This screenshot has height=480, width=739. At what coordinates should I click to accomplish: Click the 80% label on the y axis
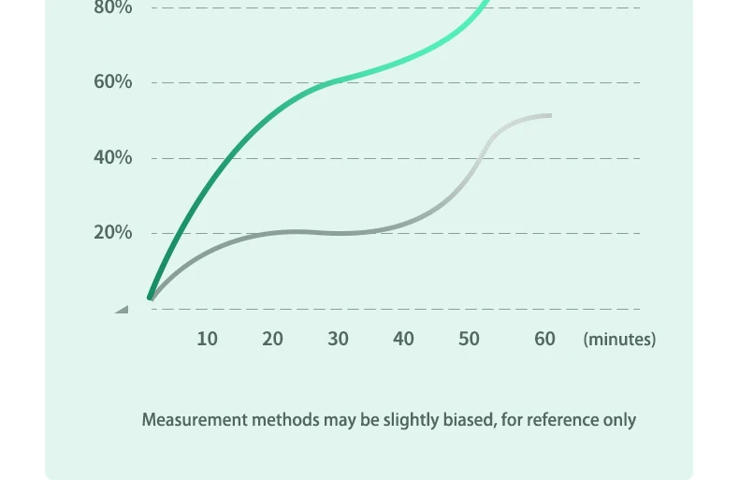coord(112,8)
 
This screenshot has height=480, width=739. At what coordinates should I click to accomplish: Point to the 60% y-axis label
coord(112,82)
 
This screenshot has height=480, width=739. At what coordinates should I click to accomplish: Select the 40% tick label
coord(112,157)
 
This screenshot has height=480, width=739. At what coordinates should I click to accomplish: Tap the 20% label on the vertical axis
coord(112,232)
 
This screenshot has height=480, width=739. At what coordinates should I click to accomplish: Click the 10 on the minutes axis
coord(207,339)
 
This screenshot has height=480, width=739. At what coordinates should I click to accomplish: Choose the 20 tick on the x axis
coord(272,339)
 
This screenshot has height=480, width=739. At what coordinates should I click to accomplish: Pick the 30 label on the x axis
coord(338,339)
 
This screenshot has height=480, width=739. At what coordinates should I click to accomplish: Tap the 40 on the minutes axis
coord(403,339)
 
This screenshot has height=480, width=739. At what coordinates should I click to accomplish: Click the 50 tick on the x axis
coord(469,339)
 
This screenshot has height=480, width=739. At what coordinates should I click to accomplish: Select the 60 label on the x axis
coord(544,339)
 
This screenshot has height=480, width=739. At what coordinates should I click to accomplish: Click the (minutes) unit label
coord(619,339)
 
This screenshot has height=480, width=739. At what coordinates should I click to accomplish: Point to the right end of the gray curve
coord(549,115)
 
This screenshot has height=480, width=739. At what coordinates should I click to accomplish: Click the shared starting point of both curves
coord(151,298)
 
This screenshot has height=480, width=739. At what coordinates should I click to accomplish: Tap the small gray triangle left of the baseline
coord(123,309)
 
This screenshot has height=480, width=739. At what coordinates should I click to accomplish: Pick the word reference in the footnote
coord(561,419)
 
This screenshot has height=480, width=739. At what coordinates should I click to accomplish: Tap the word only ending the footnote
coord(619,419)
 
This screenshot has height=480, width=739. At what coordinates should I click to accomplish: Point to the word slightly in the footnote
coord(410,419)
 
